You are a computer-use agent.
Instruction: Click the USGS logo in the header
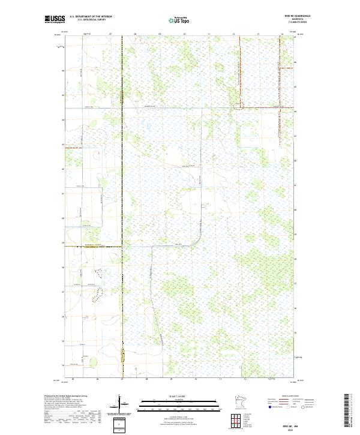[55, 19]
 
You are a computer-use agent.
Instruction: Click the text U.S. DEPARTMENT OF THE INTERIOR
[91, 17]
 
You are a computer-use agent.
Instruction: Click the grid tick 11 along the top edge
[209, 35]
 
